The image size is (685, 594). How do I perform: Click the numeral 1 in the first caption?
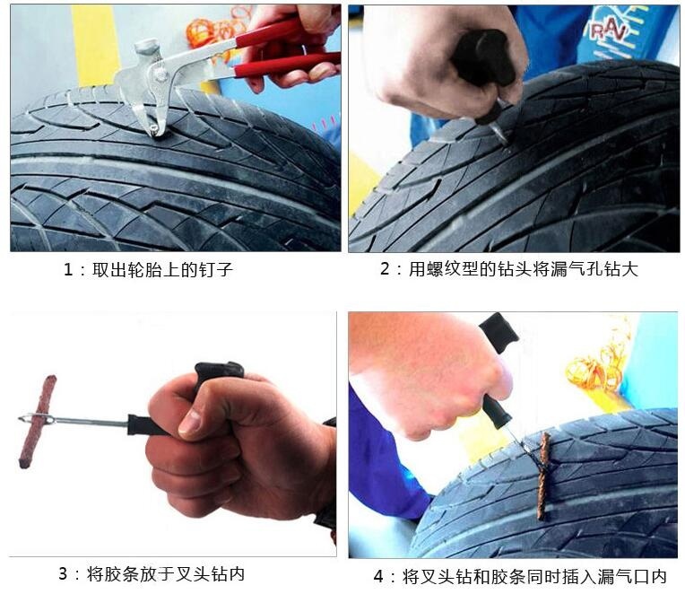coord(68,269)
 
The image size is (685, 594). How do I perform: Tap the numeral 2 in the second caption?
coord(385,268)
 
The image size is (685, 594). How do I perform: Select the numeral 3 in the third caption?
coord(63,573)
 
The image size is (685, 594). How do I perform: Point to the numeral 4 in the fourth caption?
coord(378,577)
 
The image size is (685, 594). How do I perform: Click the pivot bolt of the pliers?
coord(160,72)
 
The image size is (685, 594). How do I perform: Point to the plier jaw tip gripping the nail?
coord(155,130)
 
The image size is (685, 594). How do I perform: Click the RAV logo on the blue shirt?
coord(609,31)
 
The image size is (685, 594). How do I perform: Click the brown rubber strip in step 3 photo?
coord(38,422)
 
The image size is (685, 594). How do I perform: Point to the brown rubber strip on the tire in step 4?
coord(543,476)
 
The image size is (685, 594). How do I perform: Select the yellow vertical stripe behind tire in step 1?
coord(95,47)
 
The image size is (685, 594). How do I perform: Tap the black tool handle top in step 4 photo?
coord(499,333)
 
